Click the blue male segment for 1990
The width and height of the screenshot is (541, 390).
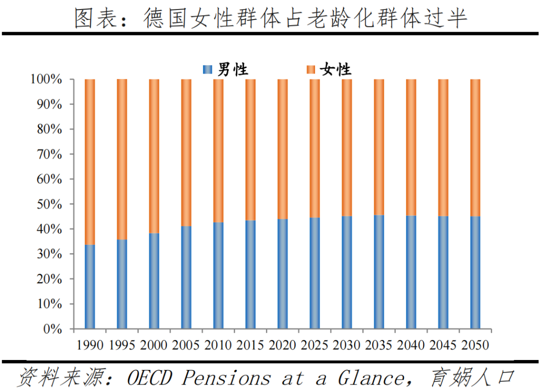90,287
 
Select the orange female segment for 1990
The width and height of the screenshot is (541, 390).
90,162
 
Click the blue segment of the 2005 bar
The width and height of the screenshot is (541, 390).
186,278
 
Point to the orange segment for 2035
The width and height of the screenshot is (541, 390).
379,147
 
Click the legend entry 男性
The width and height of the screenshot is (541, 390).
232,70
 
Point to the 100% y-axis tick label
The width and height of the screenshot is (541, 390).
46,80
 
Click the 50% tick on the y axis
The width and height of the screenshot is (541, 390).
50,204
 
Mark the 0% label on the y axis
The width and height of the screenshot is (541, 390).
53,329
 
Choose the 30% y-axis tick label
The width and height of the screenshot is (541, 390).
50,254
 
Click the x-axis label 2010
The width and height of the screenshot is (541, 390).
218,345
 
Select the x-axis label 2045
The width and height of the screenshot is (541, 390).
443,345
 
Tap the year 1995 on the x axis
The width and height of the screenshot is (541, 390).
122,345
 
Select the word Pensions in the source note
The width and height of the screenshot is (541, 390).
225,377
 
